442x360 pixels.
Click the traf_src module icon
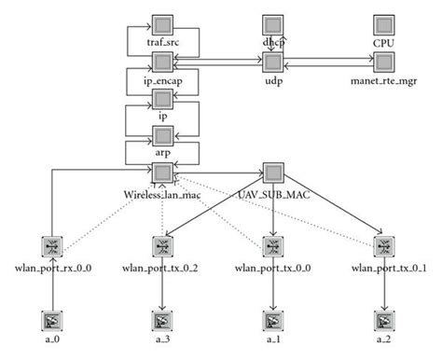tap(162, 24)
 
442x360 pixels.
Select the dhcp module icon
tap(272, 24)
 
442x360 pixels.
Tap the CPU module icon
tap(383, 24)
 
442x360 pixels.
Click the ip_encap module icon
tap(162, 62)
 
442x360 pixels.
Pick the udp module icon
tap(272, 62)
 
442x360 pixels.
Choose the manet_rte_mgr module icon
tap(383, 62)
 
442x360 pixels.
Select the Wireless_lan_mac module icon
tap(162, 173)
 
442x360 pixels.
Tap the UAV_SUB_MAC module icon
tap(272, 173)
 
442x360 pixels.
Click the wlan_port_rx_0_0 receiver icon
tap(52, 247)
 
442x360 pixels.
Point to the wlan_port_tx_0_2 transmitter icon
tap(162, 247)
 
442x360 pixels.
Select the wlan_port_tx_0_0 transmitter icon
tap(272, 247)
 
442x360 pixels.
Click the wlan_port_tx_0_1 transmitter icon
tap(383, 247)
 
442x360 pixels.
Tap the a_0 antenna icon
tap(52, 322)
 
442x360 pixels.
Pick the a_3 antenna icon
tap(162, 322)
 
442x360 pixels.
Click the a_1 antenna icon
tap(272, 322)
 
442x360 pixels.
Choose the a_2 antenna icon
tap(383, 322)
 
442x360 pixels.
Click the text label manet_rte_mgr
tap(383, 82)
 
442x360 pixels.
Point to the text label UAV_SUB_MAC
tap(272, 194)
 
